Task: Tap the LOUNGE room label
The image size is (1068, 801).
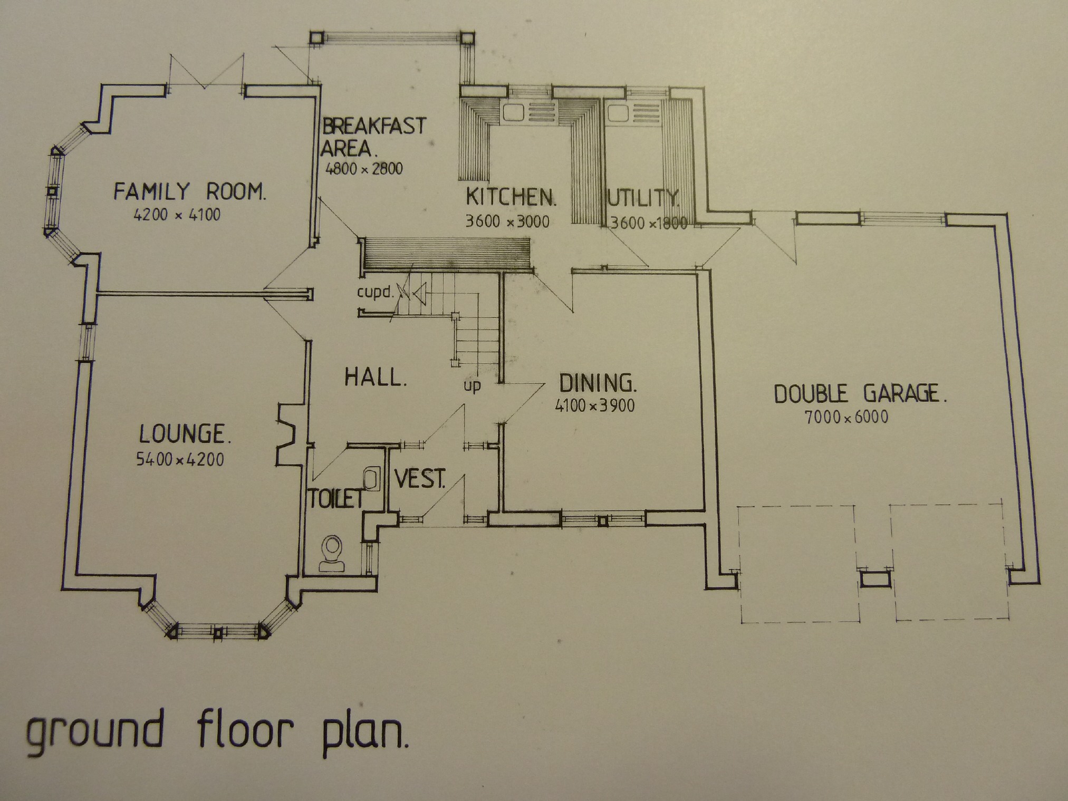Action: tap(185, 434)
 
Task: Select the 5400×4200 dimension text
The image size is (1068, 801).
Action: tap(180, 459)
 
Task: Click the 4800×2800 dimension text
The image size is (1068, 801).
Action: tap(364, 169)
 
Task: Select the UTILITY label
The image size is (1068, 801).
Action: tap(642, 198)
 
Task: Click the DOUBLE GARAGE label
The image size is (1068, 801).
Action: tap(860, 394)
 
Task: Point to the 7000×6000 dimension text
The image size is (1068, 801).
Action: tap(846, 418)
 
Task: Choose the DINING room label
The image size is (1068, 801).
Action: tap(598, 383)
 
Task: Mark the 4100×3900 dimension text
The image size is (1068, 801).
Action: tap(594, 406)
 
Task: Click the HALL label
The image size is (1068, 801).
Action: tap(376, 378)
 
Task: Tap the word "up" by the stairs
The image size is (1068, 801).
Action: tap(472, 385)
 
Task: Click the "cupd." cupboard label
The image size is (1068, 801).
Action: tap(376, 292)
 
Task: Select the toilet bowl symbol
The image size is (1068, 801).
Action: tap(333, 554)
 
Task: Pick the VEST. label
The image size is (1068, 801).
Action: tap(420, 479)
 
